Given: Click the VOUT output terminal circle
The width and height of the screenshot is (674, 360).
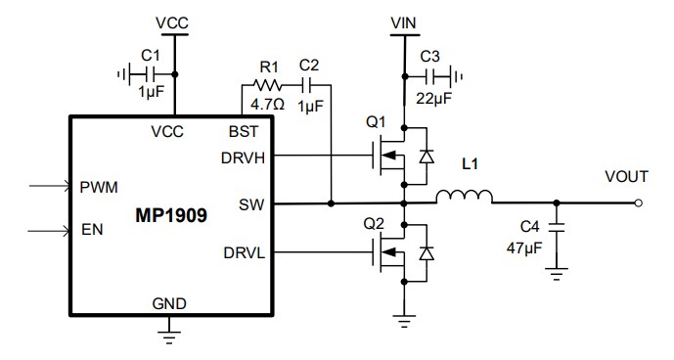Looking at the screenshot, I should pyautogui.click(x=639, y=203).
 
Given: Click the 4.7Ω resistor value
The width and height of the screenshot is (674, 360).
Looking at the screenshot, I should pyautogui.click(x=267, y=104).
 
